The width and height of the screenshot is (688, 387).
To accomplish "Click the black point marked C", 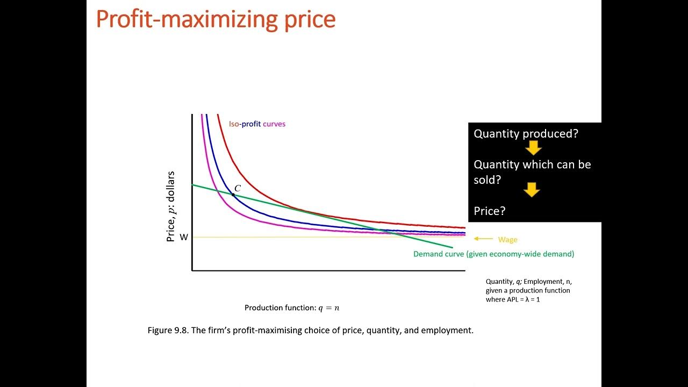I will (x=233, y=194).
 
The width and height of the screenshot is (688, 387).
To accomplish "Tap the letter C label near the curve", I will (x=238, y=188).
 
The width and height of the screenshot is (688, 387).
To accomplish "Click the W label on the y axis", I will (x=184, y=237).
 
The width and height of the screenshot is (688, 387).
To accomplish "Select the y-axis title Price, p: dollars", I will (x=171, y=207).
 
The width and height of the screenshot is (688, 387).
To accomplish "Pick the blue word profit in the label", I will (x=250, y=124).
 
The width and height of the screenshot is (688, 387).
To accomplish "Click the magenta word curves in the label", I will (x=274, y=124).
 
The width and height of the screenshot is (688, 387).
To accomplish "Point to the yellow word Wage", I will (x=507, y=240).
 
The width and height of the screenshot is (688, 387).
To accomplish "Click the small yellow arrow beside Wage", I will (x=483, y=239).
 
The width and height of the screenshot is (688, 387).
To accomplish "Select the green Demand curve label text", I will (x=493, y=254).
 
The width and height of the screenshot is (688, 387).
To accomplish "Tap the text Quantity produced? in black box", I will (x=526, y=134).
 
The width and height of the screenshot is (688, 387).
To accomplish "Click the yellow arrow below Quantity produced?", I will (x=533, y=148).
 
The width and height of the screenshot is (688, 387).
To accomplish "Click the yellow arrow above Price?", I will (x=532, y=190).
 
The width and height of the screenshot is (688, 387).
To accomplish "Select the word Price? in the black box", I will (x=490, y=211).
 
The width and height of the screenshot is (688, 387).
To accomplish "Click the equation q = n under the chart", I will (x=329, y=308).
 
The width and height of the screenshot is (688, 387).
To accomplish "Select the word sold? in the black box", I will (x=487, y=180).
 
